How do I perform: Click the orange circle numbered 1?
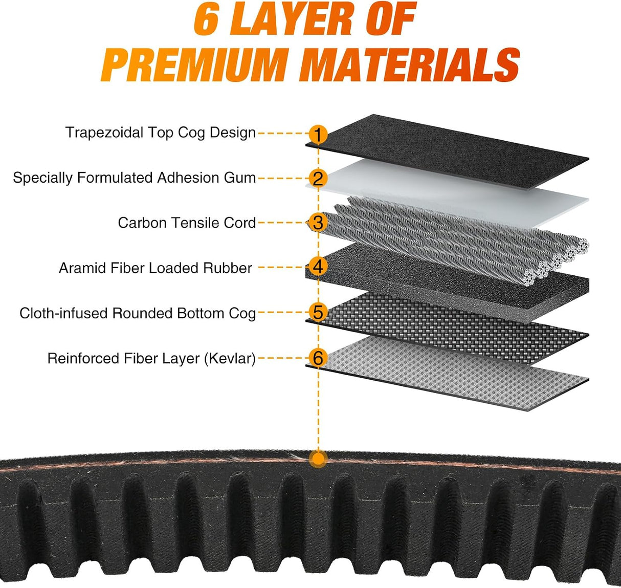(318, 134)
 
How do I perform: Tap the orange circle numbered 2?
(318, 179)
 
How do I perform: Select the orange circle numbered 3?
(318, 223)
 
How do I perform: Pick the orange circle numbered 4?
(318, 267)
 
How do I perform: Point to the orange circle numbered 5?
(318, 312)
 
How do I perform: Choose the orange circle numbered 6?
(318, 358)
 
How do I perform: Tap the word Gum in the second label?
(240, 178)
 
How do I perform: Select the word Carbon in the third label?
(142, 223)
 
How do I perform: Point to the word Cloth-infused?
(63, 313)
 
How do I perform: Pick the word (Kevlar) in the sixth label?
(230, 359)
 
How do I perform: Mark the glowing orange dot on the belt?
(318, 459)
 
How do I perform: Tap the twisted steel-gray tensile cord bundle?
(449, 240)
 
